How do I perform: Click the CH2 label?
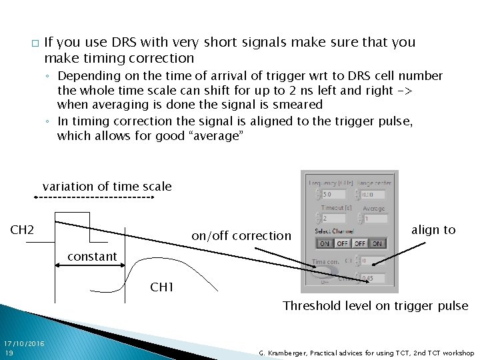pyautogui.click(x=22, y=231)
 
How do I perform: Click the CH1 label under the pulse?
pyautogui.click(x=162, y=287)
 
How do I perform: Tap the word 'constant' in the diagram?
pyautogui.click(x=92, y=256)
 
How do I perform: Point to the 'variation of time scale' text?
pyautogui.click(x=107, y=187)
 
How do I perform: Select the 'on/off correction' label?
pyautogui.click(x=241, y=235)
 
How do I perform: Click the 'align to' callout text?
pyautogui.click(x=433, y=230)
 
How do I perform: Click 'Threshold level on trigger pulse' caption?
pyautogui.click(x=375, y=306)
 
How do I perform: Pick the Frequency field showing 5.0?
pyautogui.click(x=333, y=195)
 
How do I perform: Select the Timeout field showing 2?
pyautogui.click(x=333, y=219)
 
